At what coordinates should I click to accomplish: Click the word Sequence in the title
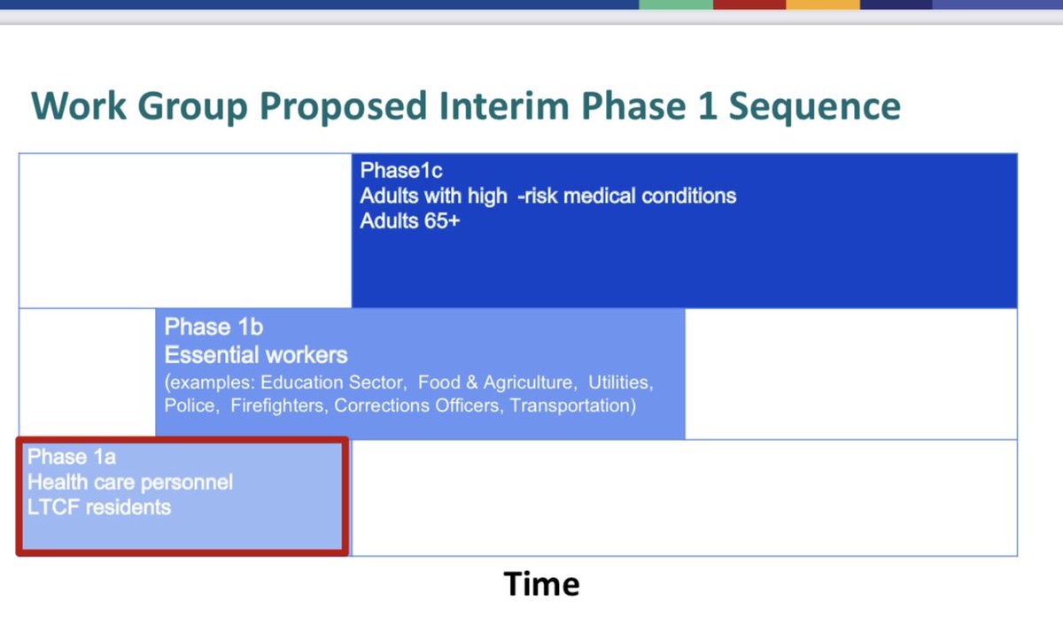[814, 107]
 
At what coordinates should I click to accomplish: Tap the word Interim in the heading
[504, 105]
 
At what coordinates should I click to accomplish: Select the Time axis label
[541, 583]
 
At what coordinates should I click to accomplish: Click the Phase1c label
[401, 170]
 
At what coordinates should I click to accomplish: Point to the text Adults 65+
[409, 221]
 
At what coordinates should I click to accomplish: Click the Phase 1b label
[213, 327]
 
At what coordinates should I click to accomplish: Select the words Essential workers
[256, 355]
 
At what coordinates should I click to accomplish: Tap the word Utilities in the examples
[621, 382]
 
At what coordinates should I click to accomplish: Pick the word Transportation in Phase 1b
[573, 405]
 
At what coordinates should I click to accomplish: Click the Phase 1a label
[71, 457]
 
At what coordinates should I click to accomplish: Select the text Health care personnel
[130, 482]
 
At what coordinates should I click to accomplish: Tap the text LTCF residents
[98, 507]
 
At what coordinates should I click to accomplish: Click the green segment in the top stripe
[676, 4]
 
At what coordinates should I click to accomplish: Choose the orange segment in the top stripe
[823, 4]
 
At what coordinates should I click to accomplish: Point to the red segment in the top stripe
[749, 4]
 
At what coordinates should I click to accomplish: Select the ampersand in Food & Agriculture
[471, 382]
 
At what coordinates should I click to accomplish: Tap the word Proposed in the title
[344, 107]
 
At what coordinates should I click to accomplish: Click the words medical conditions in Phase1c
[649, 196]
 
